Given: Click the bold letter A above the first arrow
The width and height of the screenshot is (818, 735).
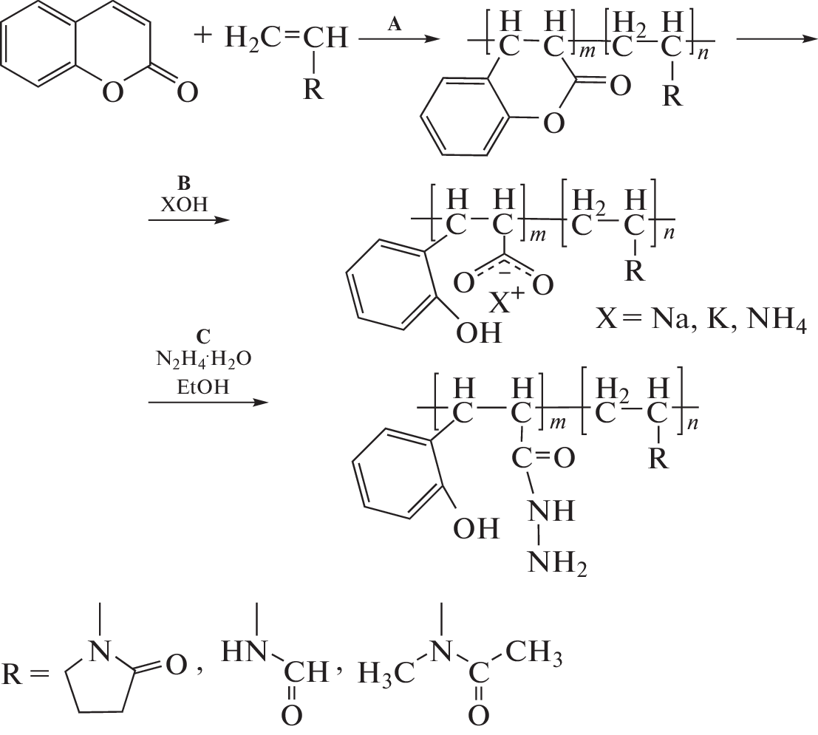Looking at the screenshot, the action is (395, 24).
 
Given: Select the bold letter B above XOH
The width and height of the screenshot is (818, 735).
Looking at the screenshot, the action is (184, 183).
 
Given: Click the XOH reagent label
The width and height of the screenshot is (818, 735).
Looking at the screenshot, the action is (184, 205).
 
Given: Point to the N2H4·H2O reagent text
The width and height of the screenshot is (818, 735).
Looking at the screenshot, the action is (204, 360).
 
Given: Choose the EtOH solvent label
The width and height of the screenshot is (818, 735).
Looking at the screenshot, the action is (203, 387).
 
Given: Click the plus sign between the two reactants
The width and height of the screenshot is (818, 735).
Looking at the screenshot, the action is (202, 36).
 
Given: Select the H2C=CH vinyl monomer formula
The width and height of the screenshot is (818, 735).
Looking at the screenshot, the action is (286, 38).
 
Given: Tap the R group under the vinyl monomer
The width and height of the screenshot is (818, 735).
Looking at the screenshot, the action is (313, 89).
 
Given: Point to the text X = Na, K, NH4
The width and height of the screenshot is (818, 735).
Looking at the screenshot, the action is (702, 319).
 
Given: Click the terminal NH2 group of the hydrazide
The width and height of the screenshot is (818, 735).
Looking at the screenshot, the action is (557, 562).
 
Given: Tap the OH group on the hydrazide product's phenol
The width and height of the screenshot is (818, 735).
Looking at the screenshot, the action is (476, 528).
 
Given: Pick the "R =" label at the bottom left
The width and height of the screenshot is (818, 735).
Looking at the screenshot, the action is (25, 674).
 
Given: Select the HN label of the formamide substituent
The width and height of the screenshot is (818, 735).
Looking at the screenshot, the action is (244, 652).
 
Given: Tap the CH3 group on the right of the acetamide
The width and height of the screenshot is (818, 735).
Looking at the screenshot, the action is (534, 653).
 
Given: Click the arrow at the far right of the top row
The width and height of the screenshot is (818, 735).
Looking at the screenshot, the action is (777, 39).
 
